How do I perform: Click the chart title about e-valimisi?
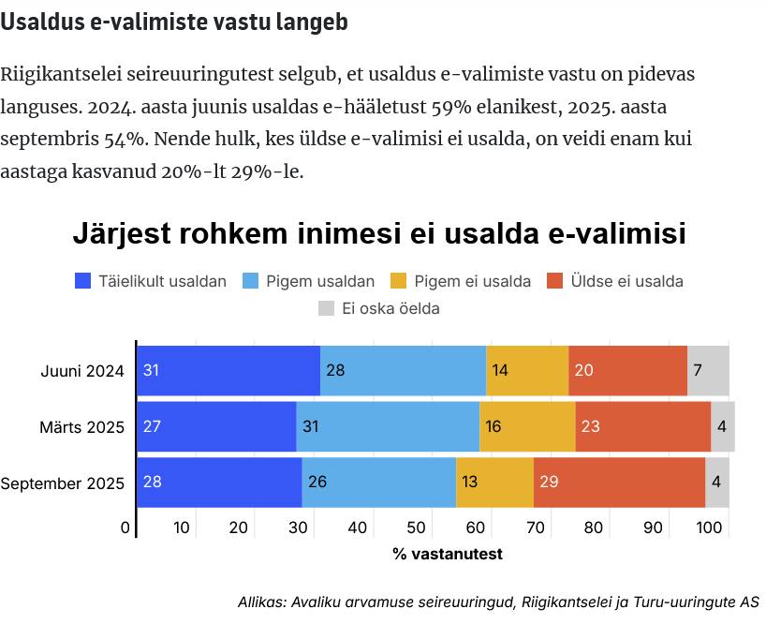pyautogui.click(x=379, y=234)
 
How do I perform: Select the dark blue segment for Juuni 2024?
pyautogui.click(x=228, y=370)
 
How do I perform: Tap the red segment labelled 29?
pyautogui.click(x=619, y=483)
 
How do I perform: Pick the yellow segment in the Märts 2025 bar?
pyautogui.click(x=527, y=426)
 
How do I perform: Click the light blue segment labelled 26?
pyautogui.click(x=378, y=483)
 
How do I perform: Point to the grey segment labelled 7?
pyautogui.click(x=708, y=370)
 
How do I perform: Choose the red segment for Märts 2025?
pyautogui.click(x=642, y=426)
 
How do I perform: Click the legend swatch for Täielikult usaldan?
pyautogui.click(x=83, y=281)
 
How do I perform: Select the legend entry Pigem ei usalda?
pyautogui.click(x=472, y=281)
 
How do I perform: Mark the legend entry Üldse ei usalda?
pyautogui.click(x=628, y=281)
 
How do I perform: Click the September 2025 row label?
pyautogui.click(x=63, y=483)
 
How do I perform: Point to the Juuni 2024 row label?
pyautogui.click(x=82, y=371)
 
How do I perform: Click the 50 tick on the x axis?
pyautogui.click(x=415, y=528)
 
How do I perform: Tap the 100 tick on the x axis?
pyautogui.click(x=710, y=528)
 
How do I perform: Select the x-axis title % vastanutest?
pyautogui.click(x=448, y=554)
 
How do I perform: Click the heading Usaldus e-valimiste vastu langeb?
pyautogui.click(x=174, y=23)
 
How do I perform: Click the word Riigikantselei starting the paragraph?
pyautogui.click(x=60, y=74)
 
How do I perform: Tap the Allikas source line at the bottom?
pyautogui.click(x=498, y=602)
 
